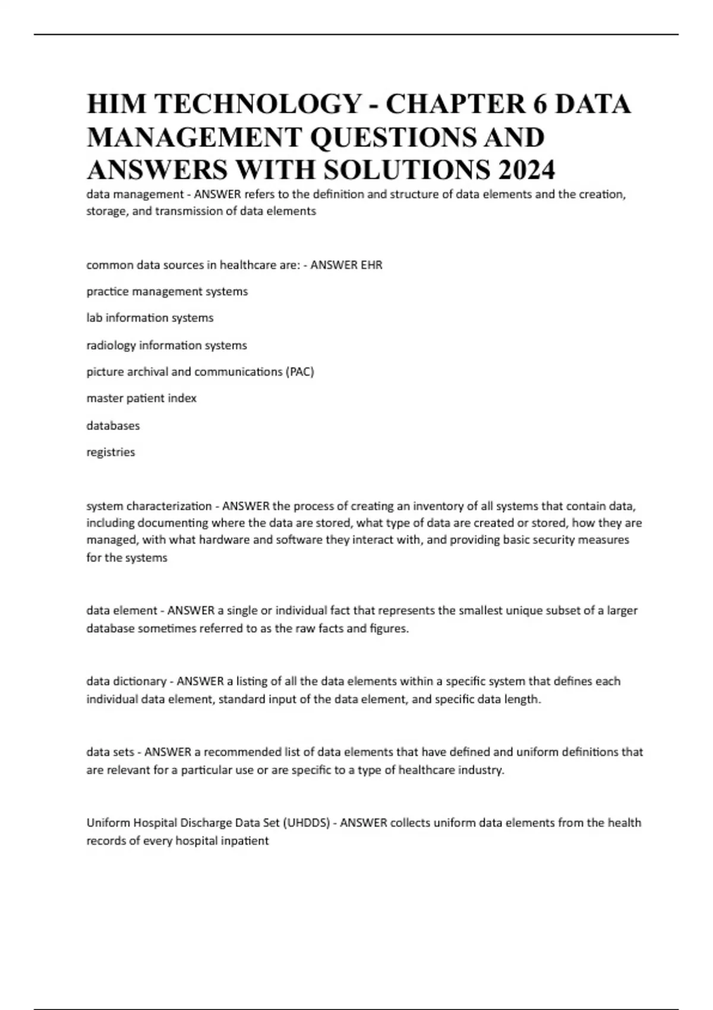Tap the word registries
111,452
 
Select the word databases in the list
113,425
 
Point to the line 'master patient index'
141,398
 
